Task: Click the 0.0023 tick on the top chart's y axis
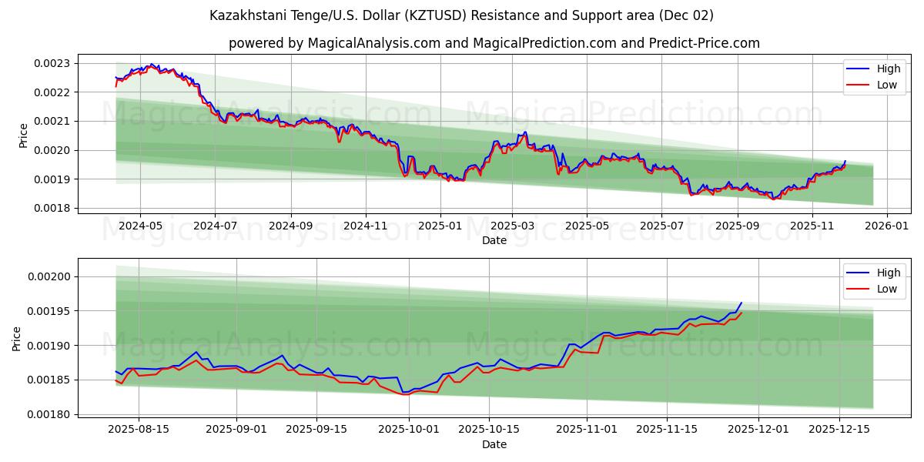coord(52,63)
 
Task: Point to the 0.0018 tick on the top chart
coord(52,209)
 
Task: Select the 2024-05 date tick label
coord(140,226)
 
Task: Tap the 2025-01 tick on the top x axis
coord(440,226)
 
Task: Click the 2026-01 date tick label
coord(887,226)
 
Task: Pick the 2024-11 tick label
coord(365,226)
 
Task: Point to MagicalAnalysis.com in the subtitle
coord(375,43)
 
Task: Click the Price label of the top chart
coord(23,135)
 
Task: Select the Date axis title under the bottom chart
coord(494,444)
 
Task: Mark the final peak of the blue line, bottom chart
coord(741,303)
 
